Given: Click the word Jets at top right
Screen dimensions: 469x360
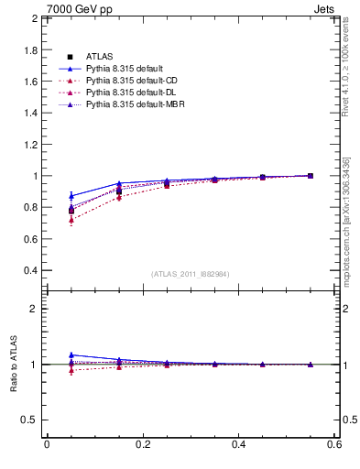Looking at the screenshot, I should (x=325, y=8).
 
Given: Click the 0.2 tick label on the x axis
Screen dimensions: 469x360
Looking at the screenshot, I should (x=143, y=444).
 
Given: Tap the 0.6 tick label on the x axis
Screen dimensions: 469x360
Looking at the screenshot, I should (x=334, y=444).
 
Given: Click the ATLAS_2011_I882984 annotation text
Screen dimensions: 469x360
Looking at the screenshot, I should (x=191, y=275).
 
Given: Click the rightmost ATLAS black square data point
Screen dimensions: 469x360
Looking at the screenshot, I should (x=310, y=176).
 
